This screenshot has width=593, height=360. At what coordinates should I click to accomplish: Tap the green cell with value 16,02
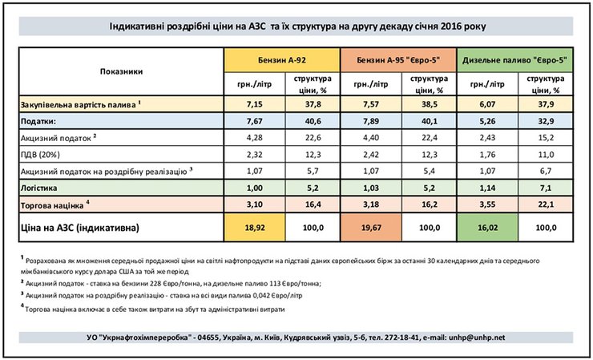pos(486,228)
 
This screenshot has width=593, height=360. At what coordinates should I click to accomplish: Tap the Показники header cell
pos(122,71)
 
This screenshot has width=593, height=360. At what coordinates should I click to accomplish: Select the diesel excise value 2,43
pos(486,136)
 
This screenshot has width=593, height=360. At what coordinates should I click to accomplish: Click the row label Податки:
pos(39,120)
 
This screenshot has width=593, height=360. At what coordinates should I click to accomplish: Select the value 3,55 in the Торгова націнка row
pos(486,204)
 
